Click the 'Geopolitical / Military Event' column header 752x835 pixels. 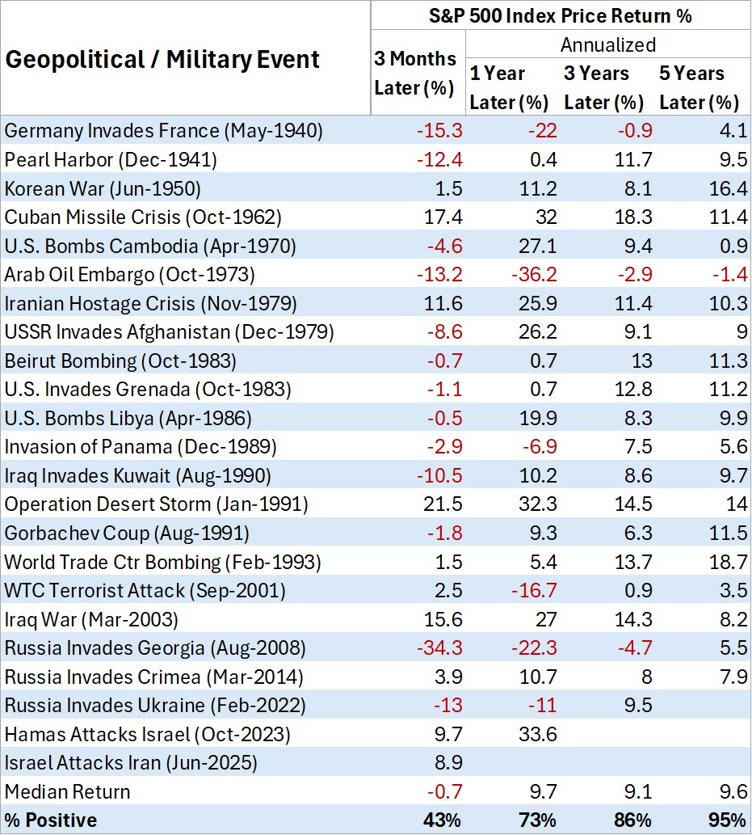click(x=162, y=59)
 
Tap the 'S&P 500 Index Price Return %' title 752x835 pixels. click(x=561, y=15)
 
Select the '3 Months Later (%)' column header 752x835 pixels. click(x=415, y=73)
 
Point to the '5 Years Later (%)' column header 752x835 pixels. click(x=699, y=87)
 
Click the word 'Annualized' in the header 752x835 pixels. click(x=607, y=44)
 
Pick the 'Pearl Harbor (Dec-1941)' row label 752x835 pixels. click(x=111, y=159)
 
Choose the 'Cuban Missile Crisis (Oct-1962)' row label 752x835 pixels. click(x=143, y=217)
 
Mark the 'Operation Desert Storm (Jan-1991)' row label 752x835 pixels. click(x=156, y=504)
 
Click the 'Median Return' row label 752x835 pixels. click(x=67, y=791)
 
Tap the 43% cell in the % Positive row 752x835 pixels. click(x=439, y=820)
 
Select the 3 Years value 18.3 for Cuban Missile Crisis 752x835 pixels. click(x=632, y=217)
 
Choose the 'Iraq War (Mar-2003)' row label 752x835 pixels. click(x=90, y=618)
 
